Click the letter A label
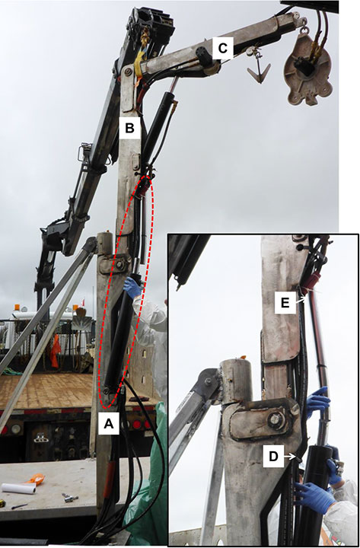[109, 424]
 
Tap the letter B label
[129, 129]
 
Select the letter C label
[223, 48]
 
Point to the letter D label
[273, 456]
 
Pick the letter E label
[285, 303]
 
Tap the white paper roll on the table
[18, 488]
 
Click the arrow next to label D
[290, 457]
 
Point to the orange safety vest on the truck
[55, 351]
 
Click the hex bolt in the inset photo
[275, 419]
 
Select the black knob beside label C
[204, 55]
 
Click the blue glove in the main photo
[133, 287]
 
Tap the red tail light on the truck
[137, 424]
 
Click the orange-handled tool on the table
[37, 479]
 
